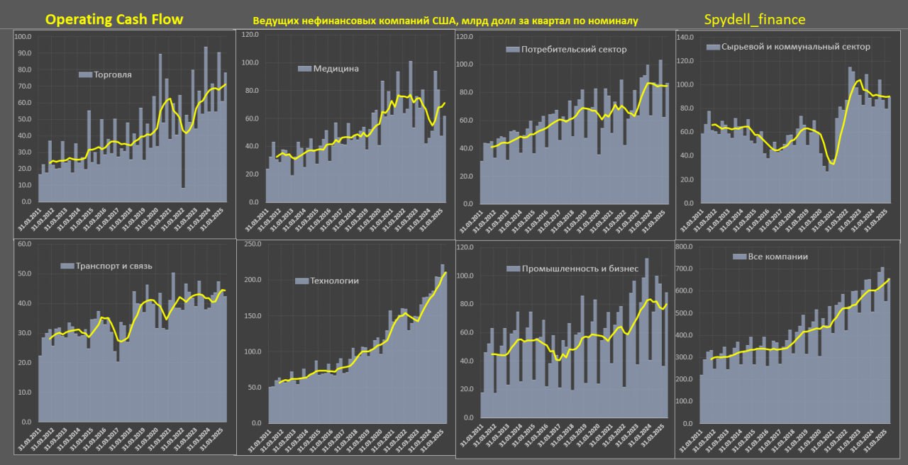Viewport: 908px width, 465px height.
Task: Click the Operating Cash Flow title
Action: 114,20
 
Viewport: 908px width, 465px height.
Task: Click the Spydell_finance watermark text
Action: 755,20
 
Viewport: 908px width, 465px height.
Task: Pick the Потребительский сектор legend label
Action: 574,50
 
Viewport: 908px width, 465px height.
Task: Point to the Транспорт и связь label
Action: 113,267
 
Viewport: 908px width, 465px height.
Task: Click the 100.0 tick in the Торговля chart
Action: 23,37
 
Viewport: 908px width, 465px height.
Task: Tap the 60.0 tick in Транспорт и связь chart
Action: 24,245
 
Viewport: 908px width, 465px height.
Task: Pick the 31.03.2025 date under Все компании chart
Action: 875,440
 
